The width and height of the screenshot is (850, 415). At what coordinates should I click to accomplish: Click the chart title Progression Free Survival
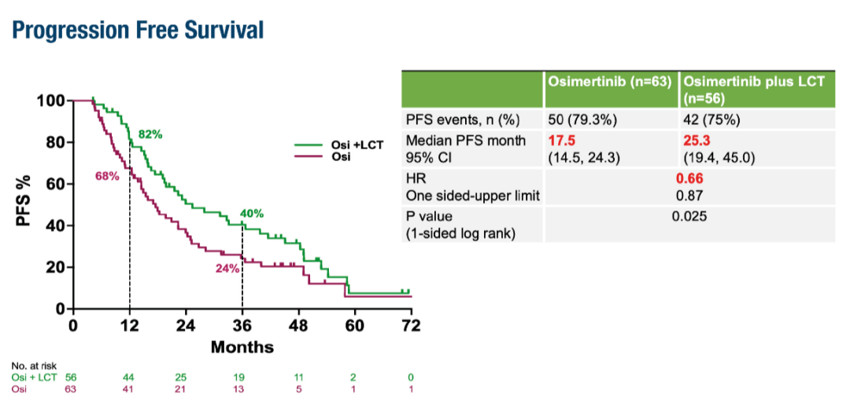(x=138, y=31)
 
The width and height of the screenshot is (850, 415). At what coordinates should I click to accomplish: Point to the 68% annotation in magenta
(x=107, y=176)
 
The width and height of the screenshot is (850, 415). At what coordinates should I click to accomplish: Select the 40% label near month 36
(x=252, y=213)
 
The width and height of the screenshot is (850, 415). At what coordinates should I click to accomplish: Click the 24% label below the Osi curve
(x=228, y=268)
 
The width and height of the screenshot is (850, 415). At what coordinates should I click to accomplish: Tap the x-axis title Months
(x=242, y=347)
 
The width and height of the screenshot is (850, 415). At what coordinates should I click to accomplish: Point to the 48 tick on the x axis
(x=298, y=325)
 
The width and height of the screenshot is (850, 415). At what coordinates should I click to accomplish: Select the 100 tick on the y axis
(x=50, y=101)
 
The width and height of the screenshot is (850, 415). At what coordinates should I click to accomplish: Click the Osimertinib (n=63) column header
(x=608, y=83)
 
